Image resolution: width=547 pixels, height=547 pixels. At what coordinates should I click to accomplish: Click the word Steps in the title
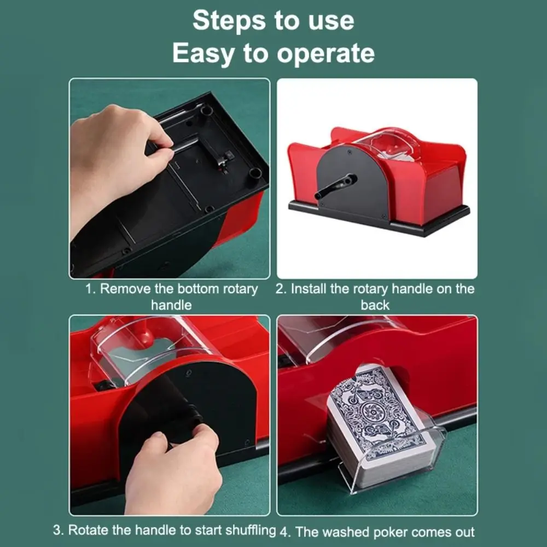[x=225, y=21]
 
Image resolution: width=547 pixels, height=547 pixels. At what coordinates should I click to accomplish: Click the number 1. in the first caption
[x=91, y=289]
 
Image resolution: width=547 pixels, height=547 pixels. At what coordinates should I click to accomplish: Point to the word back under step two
[x=375, y=305]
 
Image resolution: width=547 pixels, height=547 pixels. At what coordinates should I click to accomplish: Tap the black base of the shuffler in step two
[x=377, y=217]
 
